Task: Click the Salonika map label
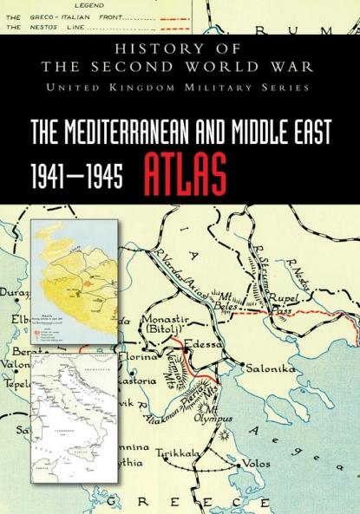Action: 271,368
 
